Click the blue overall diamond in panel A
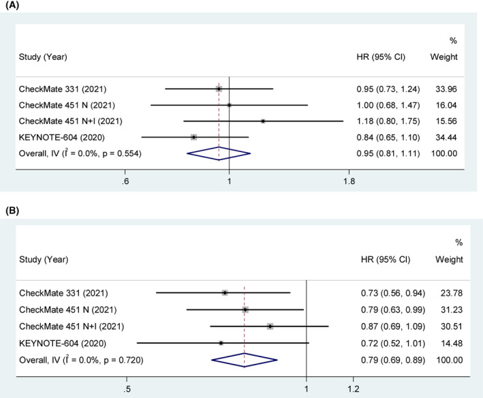[x=219, y=153]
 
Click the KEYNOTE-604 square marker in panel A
[x=194, y=137]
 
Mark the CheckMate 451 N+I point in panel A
[x=263, y=121]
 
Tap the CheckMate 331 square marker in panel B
[x=225, y=293]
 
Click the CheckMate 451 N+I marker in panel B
[x=270, y=326]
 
